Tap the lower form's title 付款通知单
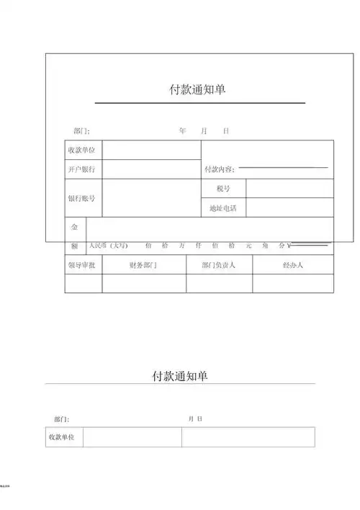tap(180, 376)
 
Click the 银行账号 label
tap(81, 198)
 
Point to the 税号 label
tap(223, 189)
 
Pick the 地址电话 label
tap(223, 208)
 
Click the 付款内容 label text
tap(219, 170)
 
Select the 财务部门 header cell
tap(143, 265)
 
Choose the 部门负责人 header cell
tap(219, 265)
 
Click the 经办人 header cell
tap(292, 265)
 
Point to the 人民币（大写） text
tap(109, 246)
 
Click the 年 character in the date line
tap(182, 131)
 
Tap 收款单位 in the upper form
tap(81, 151)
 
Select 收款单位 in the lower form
tap(63, 437)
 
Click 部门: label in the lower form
tap(61, 419)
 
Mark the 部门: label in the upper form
tap(81, 131)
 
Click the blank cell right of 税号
tap(289, 189)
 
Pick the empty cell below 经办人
tap(292, 284)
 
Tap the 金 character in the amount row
tap(74, 227)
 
